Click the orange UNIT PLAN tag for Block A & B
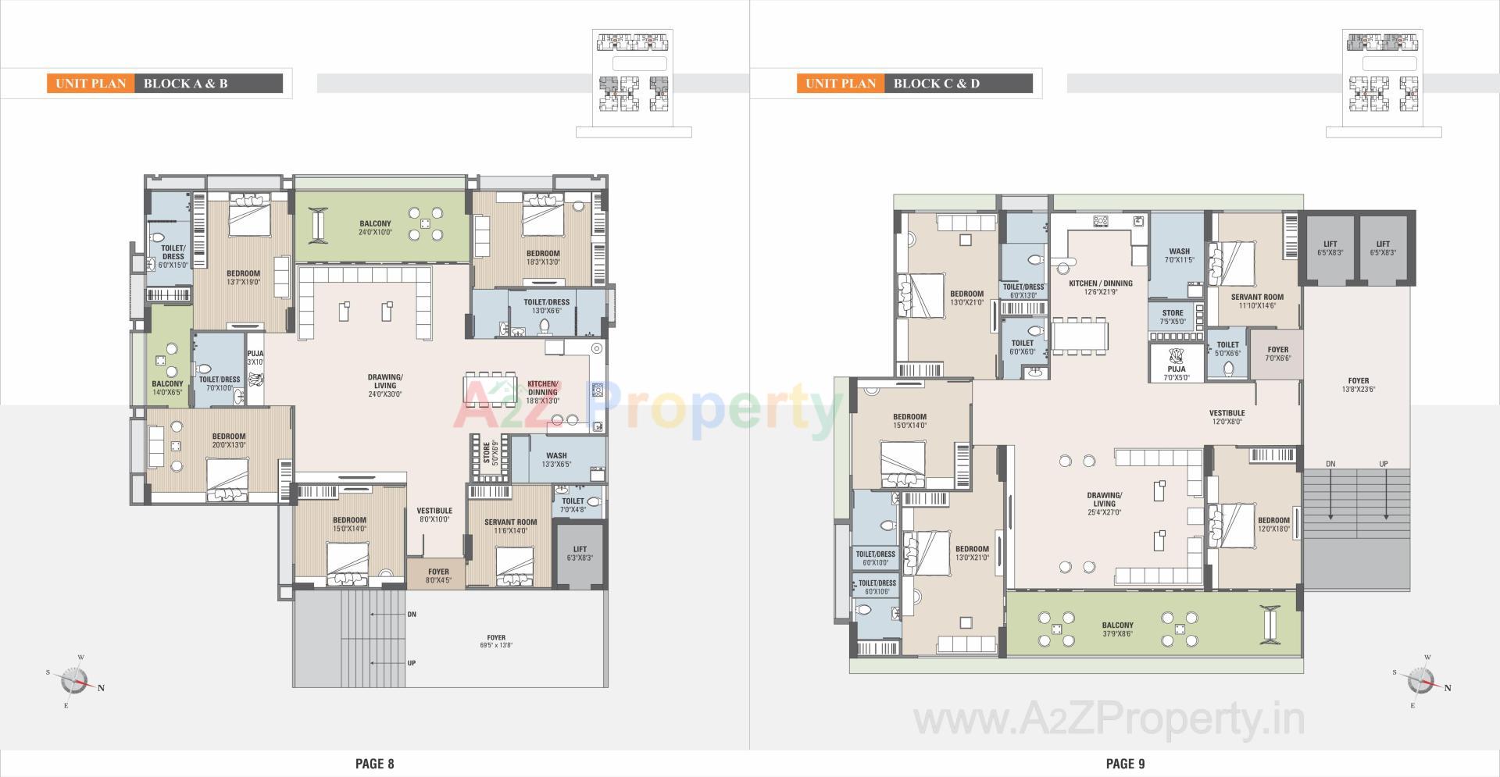coord(91,84)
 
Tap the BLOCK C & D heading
coord(936,84)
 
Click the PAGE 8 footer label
coord(375,764)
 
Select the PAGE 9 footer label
coord(1125,764)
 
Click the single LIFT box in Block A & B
coord(580,554)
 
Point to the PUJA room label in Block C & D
coord(1177,372)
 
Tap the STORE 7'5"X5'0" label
coord(1173,317)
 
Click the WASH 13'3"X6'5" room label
coord(556,459)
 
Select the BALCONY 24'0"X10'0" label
coord(376,228)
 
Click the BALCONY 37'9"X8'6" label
coord(1117,629)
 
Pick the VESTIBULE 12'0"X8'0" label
coord(1227,417)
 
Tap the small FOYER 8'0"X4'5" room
coord(438,576)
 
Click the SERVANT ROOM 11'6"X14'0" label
coord(510,526)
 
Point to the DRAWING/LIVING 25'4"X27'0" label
coord(1104,504)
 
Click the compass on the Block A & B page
coord(75,680)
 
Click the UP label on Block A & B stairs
coord(411,663)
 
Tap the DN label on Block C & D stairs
coord(1330,464)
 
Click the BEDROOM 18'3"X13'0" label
coord(543,258)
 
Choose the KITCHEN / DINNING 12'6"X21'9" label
coord(1100,287)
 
